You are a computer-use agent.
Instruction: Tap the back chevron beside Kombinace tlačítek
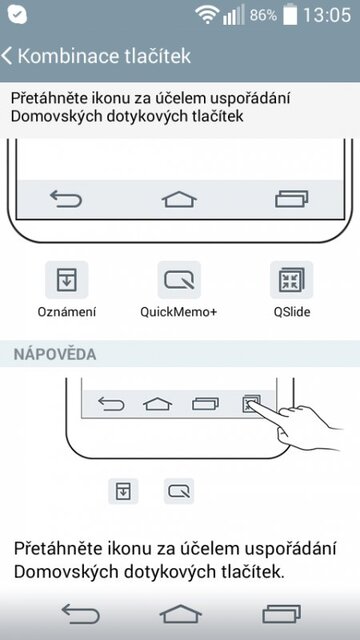coord(8,56)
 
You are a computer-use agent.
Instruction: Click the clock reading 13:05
coord(326,15)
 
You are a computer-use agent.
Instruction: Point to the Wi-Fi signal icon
coord(207,15)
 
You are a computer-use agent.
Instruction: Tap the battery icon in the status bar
coord(289,15)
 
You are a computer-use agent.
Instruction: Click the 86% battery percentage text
coord(263,16)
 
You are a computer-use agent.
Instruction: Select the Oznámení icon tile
coord(67,279)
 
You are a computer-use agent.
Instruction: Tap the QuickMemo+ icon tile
coord(179,279)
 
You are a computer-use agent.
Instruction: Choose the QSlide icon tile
coord(291,279)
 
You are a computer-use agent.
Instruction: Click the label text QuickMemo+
coord(179,312)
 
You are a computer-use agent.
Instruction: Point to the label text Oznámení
coord(67,312)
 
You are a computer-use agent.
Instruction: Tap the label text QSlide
coord(291,312)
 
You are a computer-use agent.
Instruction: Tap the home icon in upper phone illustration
coord(180,199)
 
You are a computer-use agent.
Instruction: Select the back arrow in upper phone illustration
coord(66,199)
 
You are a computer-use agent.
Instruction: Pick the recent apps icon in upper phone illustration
coord(292,199)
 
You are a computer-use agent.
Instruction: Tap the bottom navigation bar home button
coord(180,613)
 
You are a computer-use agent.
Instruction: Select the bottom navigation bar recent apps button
coord(281,613)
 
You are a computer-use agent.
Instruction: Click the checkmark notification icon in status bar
coord(15,15)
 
